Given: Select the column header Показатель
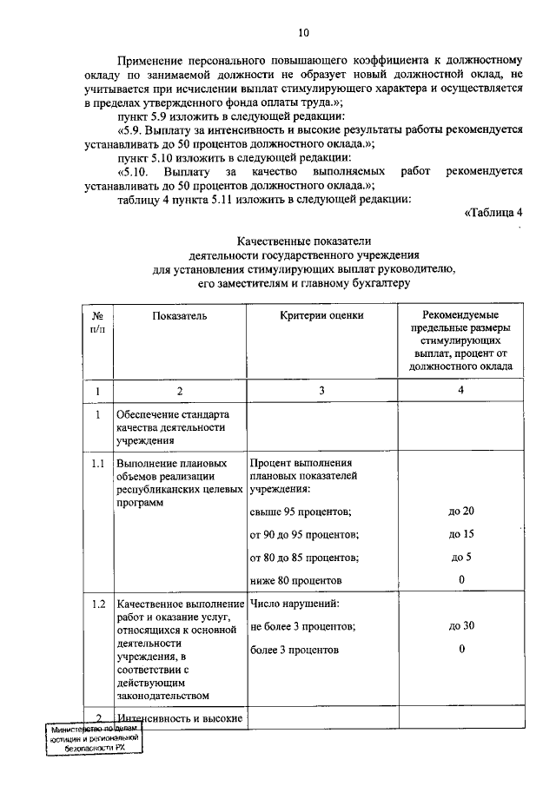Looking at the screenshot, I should pyautogui.click(x=180, y=317).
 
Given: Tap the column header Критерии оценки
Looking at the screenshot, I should pyautogui.click(x=321, y=317).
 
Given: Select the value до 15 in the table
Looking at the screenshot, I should pyautogui.click(x=461, y=533).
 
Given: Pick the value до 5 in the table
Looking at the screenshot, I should pyautogui.click(x=461, y=557).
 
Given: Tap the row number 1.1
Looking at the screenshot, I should pyautogui.click(x=98, y=464).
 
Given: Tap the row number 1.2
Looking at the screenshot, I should pyautogui.click(x=98, y=603).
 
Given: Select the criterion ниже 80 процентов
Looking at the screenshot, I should pyautogui.click(x=295, y=579).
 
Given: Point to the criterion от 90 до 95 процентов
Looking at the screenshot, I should pyautogui.click(x=303, y=533).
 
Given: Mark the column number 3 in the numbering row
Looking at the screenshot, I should pyautogui.click(x=321, y=391).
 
